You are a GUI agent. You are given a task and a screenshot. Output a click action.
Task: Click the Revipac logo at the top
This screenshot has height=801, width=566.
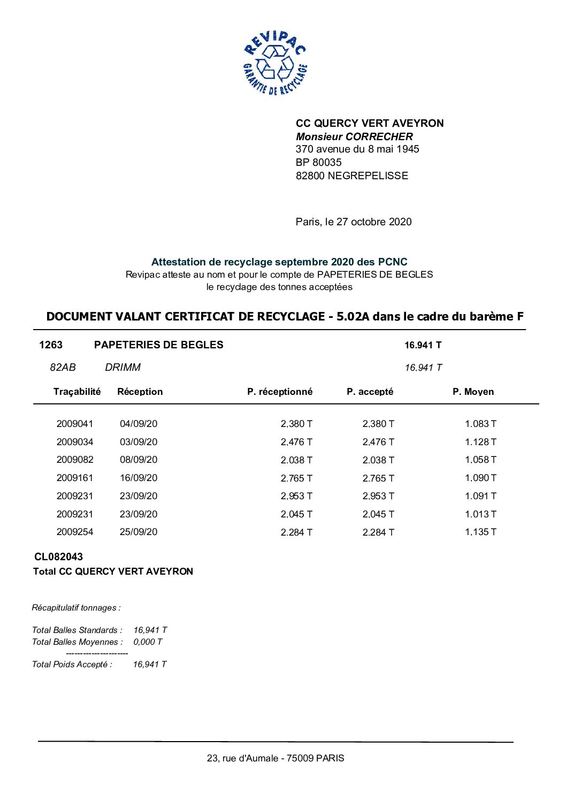coord(275,63)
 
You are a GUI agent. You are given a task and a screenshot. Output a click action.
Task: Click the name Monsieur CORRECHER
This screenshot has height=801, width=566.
coord(354,136)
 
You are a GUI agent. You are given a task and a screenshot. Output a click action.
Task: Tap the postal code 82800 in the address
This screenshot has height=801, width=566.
coord(310,176)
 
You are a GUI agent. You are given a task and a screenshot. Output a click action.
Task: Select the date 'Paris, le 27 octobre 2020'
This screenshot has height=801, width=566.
coord(354,222)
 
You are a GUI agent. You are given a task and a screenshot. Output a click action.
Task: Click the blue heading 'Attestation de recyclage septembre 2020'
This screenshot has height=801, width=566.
coord(279,262)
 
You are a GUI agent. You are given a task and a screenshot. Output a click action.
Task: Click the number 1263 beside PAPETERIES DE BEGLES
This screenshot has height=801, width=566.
coord(51,345)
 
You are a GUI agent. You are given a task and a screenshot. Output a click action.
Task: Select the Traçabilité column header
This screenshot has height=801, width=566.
coord(77,392)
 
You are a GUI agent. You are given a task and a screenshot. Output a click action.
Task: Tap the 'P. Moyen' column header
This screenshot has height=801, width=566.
coord(473,392)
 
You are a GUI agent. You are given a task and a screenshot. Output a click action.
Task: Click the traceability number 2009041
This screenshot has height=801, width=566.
coord(75,424)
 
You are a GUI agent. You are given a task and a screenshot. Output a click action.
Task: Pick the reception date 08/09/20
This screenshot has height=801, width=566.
coord(139,460)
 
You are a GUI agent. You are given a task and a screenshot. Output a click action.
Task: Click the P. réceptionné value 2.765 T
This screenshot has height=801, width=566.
coord(296,478)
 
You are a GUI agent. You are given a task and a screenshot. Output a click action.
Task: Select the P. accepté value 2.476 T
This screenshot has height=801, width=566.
coord(378,442)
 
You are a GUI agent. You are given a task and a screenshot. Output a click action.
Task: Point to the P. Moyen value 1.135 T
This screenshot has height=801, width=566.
coord(480,532)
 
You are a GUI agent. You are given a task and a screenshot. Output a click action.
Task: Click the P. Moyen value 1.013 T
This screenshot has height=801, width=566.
coord(480,514)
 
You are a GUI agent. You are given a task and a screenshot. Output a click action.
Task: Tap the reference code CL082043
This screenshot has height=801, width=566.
coord(58,556)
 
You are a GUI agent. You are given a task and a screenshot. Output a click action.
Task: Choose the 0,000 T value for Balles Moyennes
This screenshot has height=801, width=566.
coord(148,642)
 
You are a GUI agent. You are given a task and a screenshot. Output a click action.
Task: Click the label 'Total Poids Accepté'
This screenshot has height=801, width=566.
coord(72,664)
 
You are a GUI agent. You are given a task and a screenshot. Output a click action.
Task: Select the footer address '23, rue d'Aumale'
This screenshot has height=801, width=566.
coord(276,758)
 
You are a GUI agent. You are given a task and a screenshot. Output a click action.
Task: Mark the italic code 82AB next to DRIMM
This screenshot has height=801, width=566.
coord(63,367)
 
